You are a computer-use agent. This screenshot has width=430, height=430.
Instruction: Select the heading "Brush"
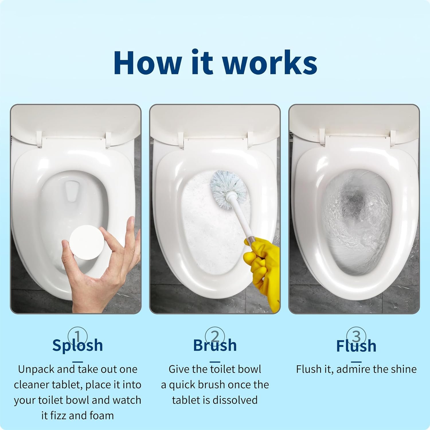coord(215,345)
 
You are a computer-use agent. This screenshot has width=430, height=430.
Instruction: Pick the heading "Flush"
coord(356,345)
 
